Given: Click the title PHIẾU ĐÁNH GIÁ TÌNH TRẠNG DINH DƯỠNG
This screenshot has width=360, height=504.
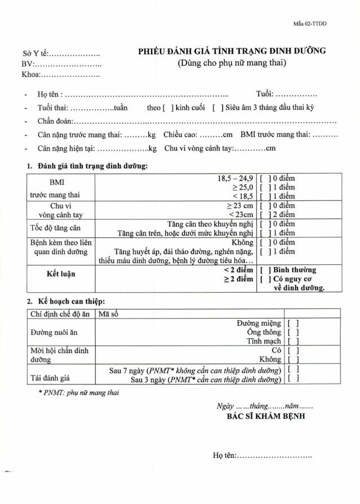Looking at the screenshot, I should click(232, 51).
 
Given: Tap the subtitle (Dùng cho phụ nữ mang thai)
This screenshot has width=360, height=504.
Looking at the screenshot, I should click(232, 63).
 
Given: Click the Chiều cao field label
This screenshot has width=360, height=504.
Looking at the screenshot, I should click(181, 135).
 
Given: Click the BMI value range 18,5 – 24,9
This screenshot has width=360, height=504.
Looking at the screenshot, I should click(235, 179).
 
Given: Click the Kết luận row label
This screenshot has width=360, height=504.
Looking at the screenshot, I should click(61, 274).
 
